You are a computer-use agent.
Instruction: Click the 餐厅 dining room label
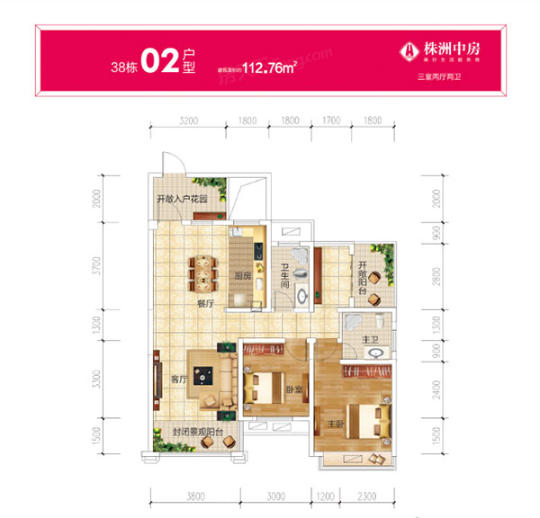click(x=204, y=304)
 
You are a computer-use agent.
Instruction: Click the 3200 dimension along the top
click(x=188, y=120)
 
